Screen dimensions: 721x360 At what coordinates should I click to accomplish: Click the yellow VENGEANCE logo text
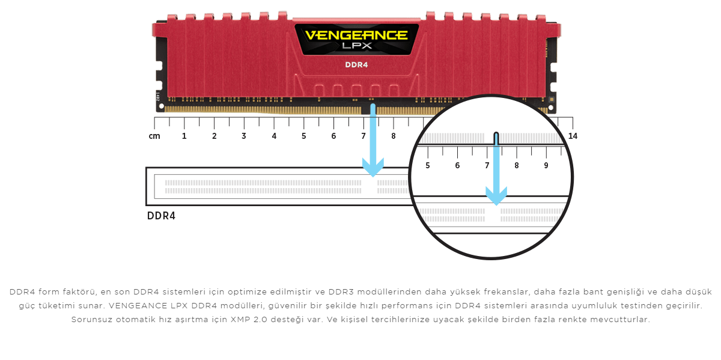coord(356,35)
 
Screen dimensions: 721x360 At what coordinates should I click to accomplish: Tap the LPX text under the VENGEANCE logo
coord(357,46)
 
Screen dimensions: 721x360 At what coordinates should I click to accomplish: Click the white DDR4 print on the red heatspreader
coord(356,65)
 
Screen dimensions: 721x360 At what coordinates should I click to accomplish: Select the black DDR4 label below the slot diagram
coord(161,216)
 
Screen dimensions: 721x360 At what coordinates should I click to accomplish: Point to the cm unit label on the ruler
coord(154,136)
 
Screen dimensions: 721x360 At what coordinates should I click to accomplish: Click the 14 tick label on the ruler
coord(573,136)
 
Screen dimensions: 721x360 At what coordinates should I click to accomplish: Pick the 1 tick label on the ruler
coord(184,136)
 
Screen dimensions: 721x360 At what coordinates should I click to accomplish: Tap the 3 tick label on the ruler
coord(244,136)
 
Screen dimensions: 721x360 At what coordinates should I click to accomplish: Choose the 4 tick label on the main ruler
coord(274,136)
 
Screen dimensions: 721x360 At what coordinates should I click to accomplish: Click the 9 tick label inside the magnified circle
coord(546,165)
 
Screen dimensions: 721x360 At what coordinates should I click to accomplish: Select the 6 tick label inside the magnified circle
coord(457,165)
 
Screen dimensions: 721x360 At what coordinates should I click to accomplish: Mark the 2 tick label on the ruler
coord(214,136)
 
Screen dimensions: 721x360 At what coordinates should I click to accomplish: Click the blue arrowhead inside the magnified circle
coord(496,196)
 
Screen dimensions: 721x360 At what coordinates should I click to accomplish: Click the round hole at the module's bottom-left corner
coord(161,106)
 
